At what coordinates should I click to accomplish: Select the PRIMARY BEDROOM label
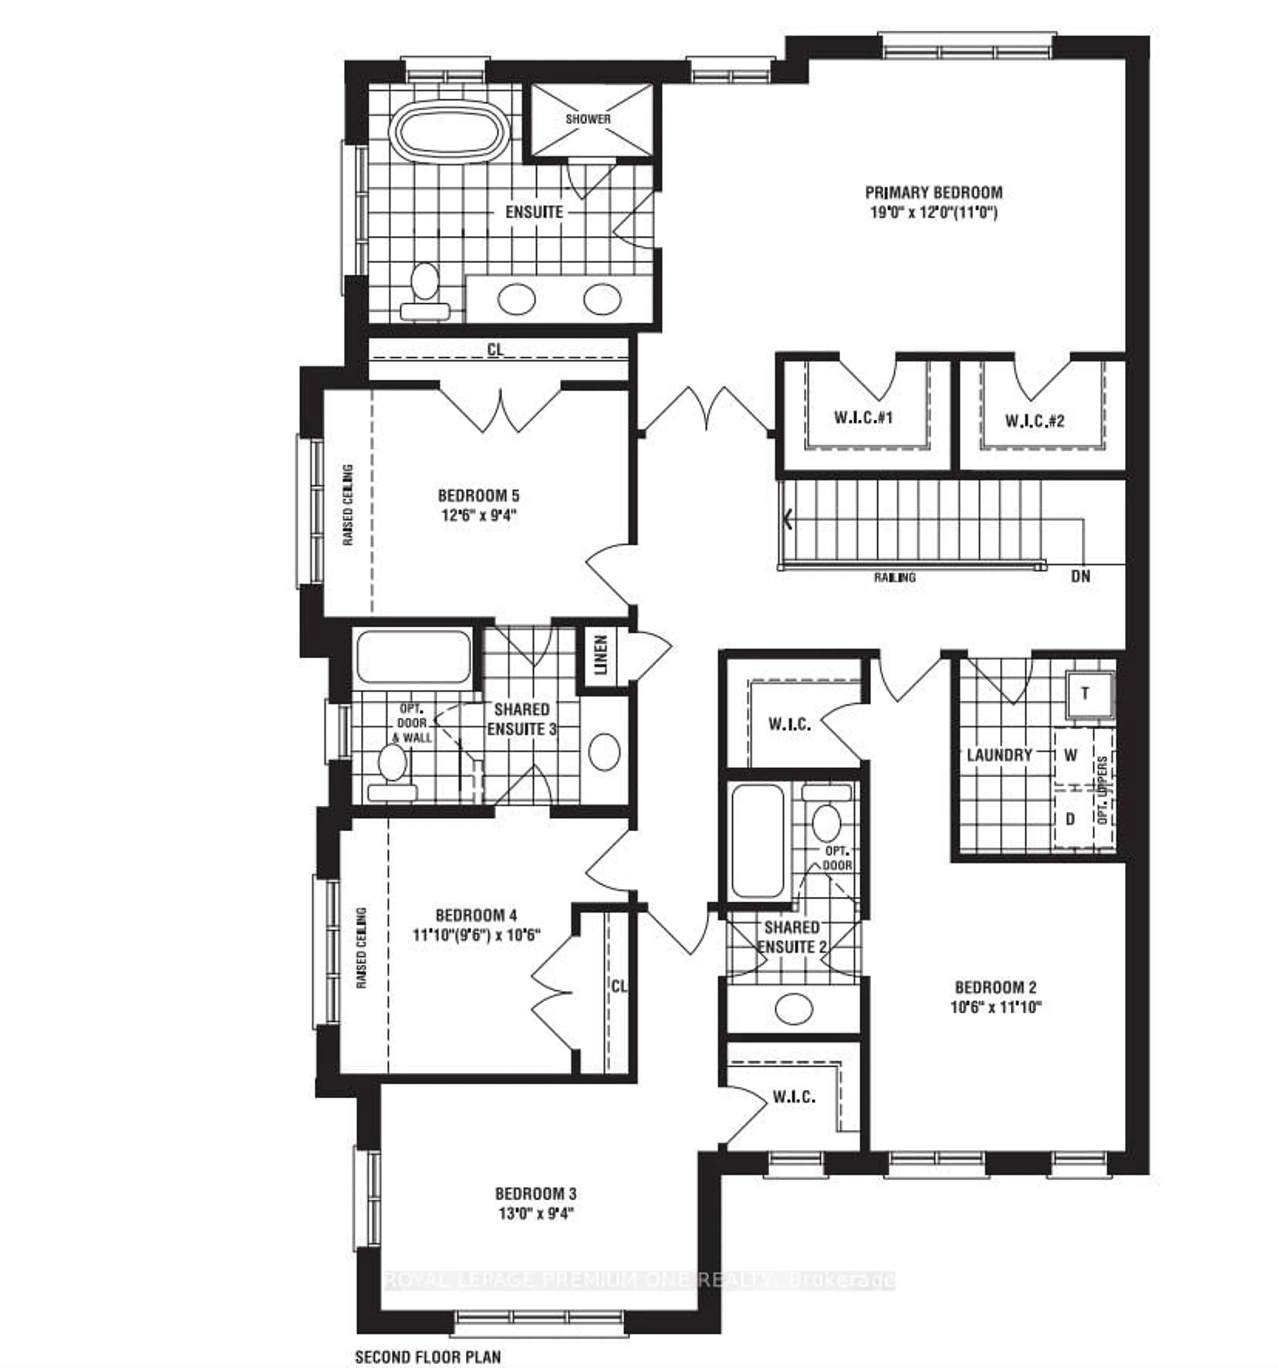click(934, 193)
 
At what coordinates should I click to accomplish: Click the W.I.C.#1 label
click(863, 418)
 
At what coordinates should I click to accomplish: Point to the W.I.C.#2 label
click(1034, 420)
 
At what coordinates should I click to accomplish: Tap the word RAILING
click(895, 577)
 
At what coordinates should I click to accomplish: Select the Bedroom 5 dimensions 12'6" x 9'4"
click(479, 515)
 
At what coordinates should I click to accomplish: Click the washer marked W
click(1070, 755)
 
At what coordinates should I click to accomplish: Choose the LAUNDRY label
click(999, 755)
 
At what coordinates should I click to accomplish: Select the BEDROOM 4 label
click(476, 915)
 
